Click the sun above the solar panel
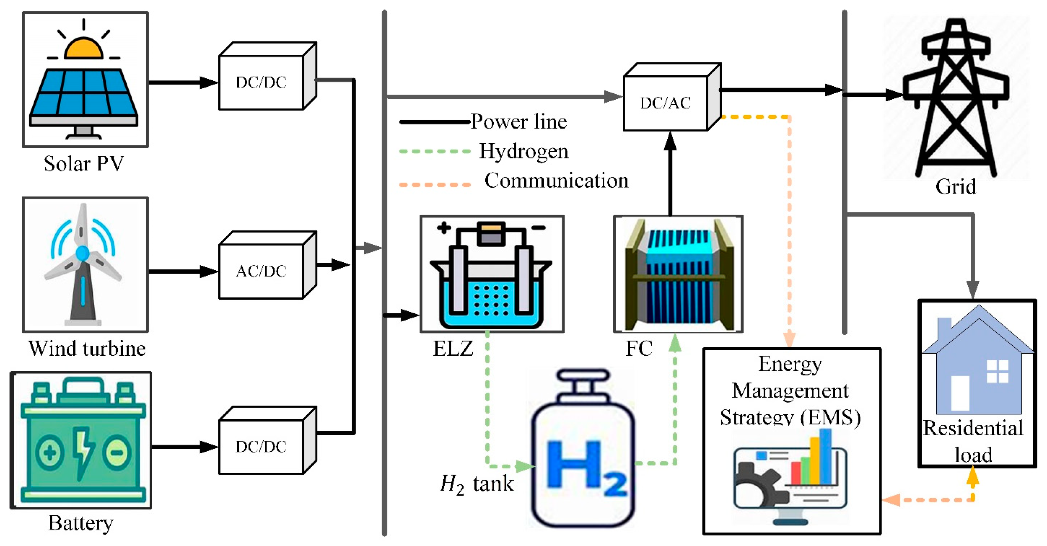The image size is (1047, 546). click(x=84, y=49)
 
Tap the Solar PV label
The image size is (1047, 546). click(x=84, y=164)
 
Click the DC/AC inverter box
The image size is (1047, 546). click(x=666, y=103)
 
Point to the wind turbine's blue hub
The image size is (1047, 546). click(x=83, y=253)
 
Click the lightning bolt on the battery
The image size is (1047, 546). click(x=84, y=451)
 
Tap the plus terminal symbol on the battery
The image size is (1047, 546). click(x=50, y=452)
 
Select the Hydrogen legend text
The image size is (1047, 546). click(x=524, y=151)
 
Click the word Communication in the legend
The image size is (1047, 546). click(x=556, y=181)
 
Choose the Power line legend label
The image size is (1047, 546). click(x=519, y=122)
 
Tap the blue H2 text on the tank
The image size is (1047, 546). click(x=585, y=468)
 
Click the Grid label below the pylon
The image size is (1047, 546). click(x=956, y=187)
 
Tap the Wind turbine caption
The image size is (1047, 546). click(x=87, y=349)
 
